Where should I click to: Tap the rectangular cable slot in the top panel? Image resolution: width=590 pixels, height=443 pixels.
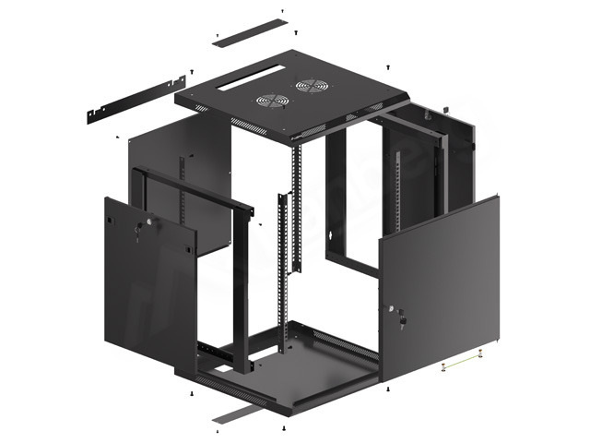[246, 85]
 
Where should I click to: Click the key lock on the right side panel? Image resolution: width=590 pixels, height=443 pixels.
[402, 319]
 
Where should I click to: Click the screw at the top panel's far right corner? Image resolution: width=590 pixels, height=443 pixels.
[388, 67]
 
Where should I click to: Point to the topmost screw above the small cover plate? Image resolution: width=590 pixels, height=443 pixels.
[283, 12]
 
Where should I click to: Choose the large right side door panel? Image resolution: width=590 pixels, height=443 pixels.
[439, 286]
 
